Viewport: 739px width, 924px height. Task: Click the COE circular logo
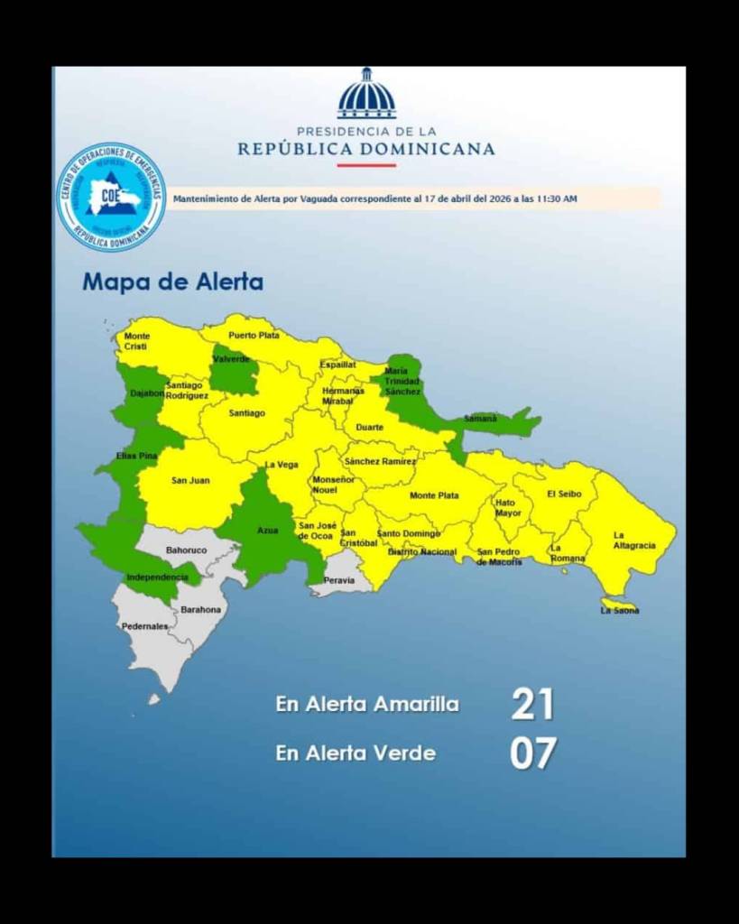(112, 197)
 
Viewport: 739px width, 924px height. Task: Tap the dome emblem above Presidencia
(366, 95)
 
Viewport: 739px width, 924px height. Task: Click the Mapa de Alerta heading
(173, 282)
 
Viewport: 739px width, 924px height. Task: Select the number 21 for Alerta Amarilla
(532, 704)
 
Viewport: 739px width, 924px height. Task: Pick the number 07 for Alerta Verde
(532, 753)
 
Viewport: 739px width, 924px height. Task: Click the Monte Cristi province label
(137, 341)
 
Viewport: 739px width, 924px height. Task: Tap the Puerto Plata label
(254, 335)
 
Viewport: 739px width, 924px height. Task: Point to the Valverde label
(232, 359)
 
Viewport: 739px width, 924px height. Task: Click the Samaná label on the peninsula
(480, 418)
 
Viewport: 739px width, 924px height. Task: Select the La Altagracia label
(633, 541)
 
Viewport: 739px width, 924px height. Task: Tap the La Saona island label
(620, 611)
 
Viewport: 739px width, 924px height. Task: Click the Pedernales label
(144, 626)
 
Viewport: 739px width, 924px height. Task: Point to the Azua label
(268, 530)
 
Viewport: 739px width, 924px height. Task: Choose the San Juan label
(190, 480)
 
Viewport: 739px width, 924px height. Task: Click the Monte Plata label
(434, 495)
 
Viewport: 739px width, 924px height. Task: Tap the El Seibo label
(565, 494)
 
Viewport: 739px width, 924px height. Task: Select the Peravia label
(339, 580)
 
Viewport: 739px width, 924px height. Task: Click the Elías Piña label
(137, 456)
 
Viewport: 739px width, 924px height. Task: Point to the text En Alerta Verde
(356, 753)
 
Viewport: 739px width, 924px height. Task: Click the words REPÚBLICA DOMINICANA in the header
(366, 149)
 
